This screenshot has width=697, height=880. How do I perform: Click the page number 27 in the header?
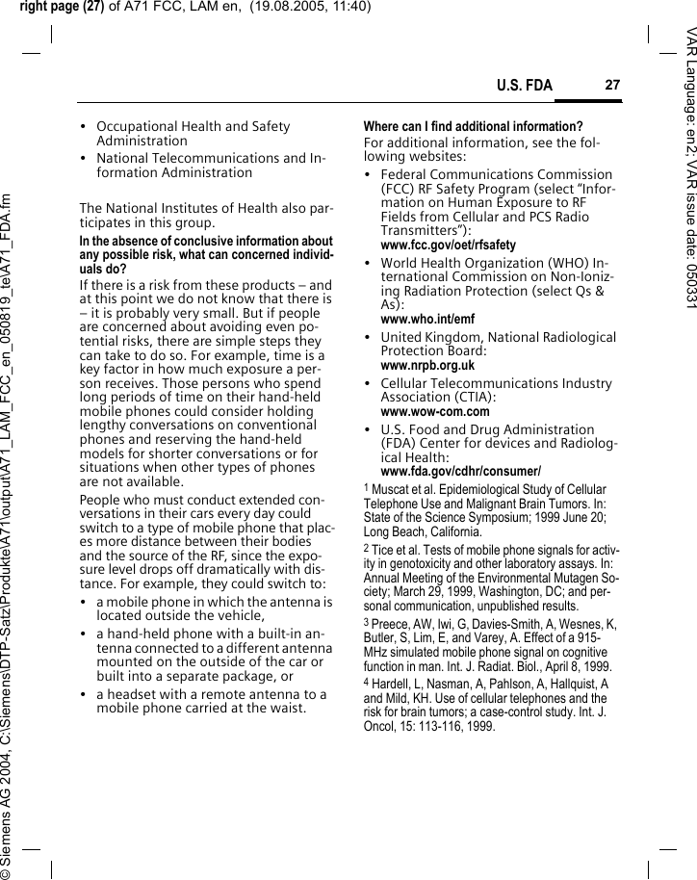pyautogui.click(x=611, y=86)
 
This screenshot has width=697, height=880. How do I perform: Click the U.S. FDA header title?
pyautogui.click(x=525, y=87)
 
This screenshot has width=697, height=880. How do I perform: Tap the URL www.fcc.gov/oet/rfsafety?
pyautogui.click(x=448, y=246)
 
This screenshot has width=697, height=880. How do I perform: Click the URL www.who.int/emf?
pyautogui.click(x=427, y=319)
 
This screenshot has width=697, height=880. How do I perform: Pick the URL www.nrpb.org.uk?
pyautogui.click(x=427, y=366)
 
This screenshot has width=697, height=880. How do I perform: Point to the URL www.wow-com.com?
pyautogui.click(x=435, y=412)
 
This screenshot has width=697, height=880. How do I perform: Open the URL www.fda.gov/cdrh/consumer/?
pyautogui.click(x=460, y=472)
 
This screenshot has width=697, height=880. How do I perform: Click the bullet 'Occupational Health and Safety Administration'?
pyautogui.click(x=193, y=134)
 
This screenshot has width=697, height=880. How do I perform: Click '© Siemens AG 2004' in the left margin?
pyautogui.click(x=9, y=818)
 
